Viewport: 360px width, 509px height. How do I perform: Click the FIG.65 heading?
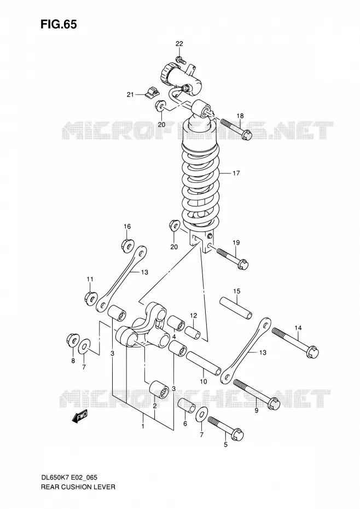59,24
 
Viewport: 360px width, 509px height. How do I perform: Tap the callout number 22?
179,44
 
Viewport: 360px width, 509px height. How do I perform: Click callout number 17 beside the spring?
236,173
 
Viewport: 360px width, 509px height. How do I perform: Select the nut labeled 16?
127,245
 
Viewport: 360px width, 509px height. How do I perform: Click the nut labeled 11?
91,297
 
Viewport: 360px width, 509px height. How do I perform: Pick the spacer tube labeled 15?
236,308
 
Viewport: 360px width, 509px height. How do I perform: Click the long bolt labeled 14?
296,344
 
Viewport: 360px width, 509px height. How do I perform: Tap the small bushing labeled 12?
193,333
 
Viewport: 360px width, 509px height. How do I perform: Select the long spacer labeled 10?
204,363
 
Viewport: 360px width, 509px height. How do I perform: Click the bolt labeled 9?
257,394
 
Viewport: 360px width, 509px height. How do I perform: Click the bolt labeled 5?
225,427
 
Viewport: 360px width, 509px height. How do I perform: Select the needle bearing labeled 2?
159,388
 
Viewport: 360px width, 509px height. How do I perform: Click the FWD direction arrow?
79,417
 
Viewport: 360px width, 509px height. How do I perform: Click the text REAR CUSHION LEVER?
78,487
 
